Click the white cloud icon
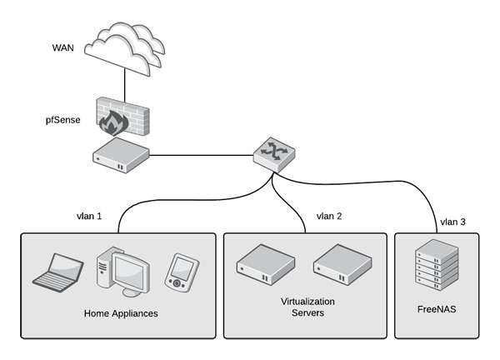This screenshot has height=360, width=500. pyautogui.click(x=127, y=46)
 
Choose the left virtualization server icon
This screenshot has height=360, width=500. pyautogui.click(x=265, y=264)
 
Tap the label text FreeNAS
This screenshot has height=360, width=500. pyautogui.click(x=436, y=308)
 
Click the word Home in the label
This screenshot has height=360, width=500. pyautogui.click(x=97, y=314)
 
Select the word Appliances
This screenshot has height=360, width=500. pyautogui.click(x=135, y=314)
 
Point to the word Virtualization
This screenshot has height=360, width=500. pyautogui.click(x=307, y=301)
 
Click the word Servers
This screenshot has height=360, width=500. pyautogui.click(x=307, y=313)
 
